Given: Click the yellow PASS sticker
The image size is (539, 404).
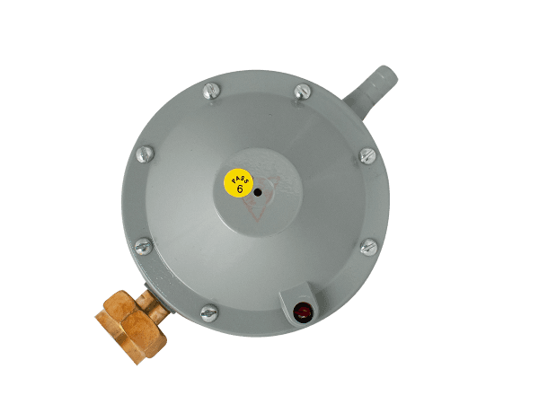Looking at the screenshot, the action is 239,183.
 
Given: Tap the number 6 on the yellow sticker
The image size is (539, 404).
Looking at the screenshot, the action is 240,189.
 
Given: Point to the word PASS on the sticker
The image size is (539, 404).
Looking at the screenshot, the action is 240,179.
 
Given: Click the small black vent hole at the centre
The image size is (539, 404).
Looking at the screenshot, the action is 258,193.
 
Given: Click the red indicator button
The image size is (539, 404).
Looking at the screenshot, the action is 303,312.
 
